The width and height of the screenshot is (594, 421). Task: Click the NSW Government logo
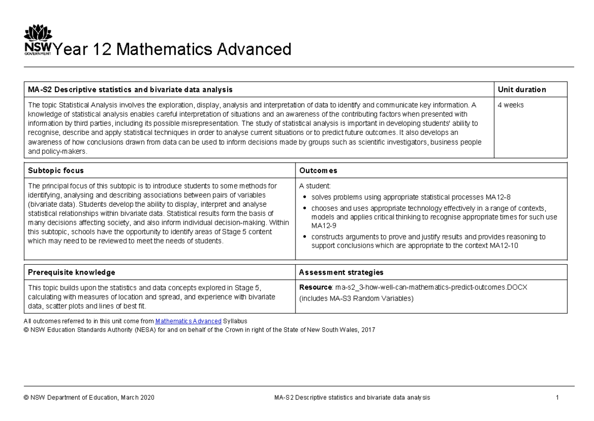pyautogui.click(x=38, y=42)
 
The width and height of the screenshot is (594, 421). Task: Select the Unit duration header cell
pyautogui.click(x=522, y=90)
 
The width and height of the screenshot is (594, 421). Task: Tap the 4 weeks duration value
pyautogui.click(x=510, y=105)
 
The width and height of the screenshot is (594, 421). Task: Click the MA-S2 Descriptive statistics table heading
pyautogui.click(x=130, y=90)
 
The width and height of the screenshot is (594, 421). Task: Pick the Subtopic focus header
pyautogui.click(x=55, y=171)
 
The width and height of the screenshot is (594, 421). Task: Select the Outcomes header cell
pyautogui.click(x=318, y=171)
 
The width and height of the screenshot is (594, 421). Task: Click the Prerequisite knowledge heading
pyautogui.click(x=71, y=272)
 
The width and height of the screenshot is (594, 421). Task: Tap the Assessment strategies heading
pyautogui.click(x=341, y=272)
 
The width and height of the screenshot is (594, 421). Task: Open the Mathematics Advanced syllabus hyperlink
pyautogui.click(x=188, y=321)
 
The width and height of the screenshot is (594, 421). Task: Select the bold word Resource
pyautogui.click(x=315, y=287)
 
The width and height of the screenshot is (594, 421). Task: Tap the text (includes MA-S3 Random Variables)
pyautogui.click(x=356, y=299)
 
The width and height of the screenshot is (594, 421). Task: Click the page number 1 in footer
pyautogui.click(x=557, y=398)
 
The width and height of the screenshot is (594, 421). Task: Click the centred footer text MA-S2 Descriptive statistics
pyautogui.click(x=352, y=398)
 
